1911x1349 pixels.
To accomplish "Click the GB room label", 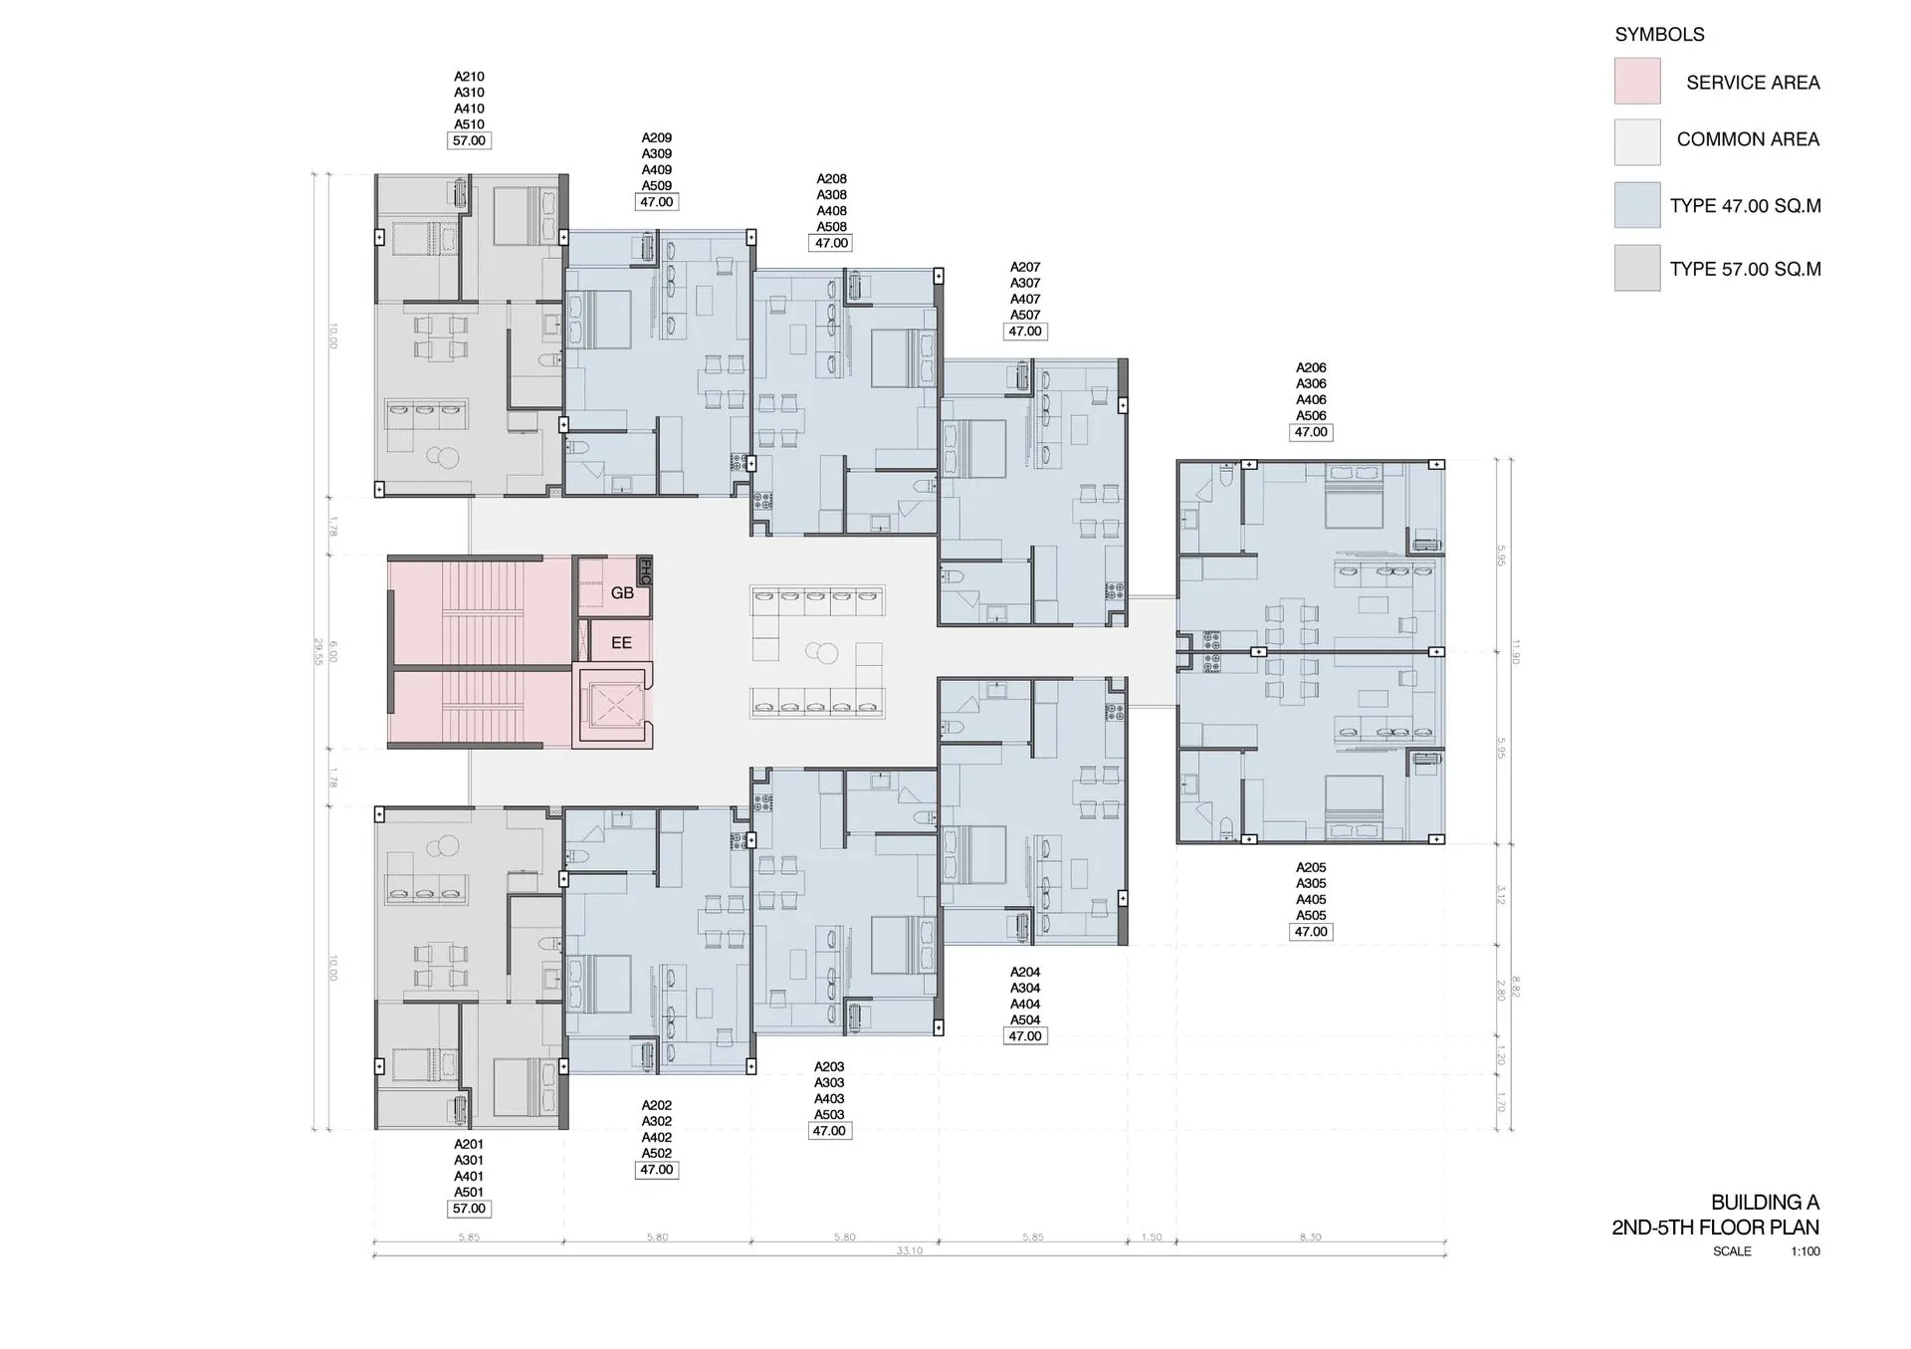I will pyautogui.click(x=622, y=593).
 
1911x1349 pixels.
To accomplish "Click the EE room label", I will pyautogui.click(x=621, y=643).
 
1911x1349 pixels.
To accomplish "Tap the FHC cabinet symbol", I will pyautogui.click(x=644, y=571).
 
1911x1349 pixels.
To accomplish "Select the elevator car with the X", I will pyautogui.click(x=612, y=708).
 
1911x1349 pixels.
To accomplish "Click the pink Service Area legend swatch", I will pyautogui.click(x=1637, y=82).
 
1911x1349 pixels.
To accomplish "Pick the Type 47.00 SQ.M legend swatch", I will pyautogui.click(x=1637, y=206).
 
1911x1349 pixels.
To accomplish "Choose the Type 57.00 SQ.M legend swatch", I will pyautogui.click(x=1637, y=269).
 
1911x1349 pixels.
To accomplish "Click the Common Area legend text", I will pyautogui.click(x=1748, y=139).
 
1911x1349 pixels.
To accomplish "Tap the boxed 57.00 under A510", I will pyautogui.click(x=469, y=141).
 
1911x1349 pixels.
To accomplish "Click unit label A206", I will pyautogui.click(x=1311, y=368).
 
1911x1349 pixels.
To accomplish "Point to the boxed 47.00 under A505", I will pyautogui.click(x=1311, y=932).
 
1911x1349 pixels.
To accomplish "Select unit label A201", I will pyautogui.click(x=469, y=1144).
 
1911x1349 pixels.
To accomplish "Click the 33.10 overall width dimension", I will pyautogui.click(x=909, y=1250).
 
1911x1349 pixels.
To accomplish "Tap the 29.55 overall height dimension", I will pyautogui.click(x=318, y=652).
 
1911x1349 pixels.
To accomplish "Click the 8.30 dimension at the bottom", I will pyautogui.click(x=1310, y=1237).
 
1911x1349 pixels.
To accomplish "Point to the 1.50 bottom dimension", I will pyautogui.click(x=1152, y=1237).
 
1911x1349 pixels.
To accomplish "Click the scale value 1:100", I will pyautogui.click(x=1805, y=1251).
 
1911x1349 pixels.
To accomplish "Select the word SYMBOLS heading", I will pyautogui.click(x=1659, y=35).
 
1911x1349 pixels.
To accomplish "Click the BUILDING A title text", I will pyautogui.click(x=1765, y=1203).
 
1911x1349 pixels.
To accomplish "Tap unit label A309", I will pyautogui.click(x=656, y=154).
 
